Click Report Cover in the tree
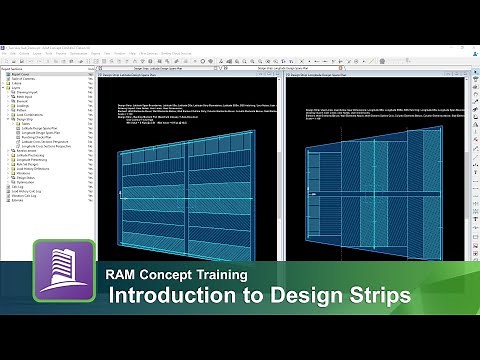tap(20, 74)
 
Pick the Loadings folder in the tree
tap(25, 107)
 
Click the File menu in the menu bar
tap(9, 54)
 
